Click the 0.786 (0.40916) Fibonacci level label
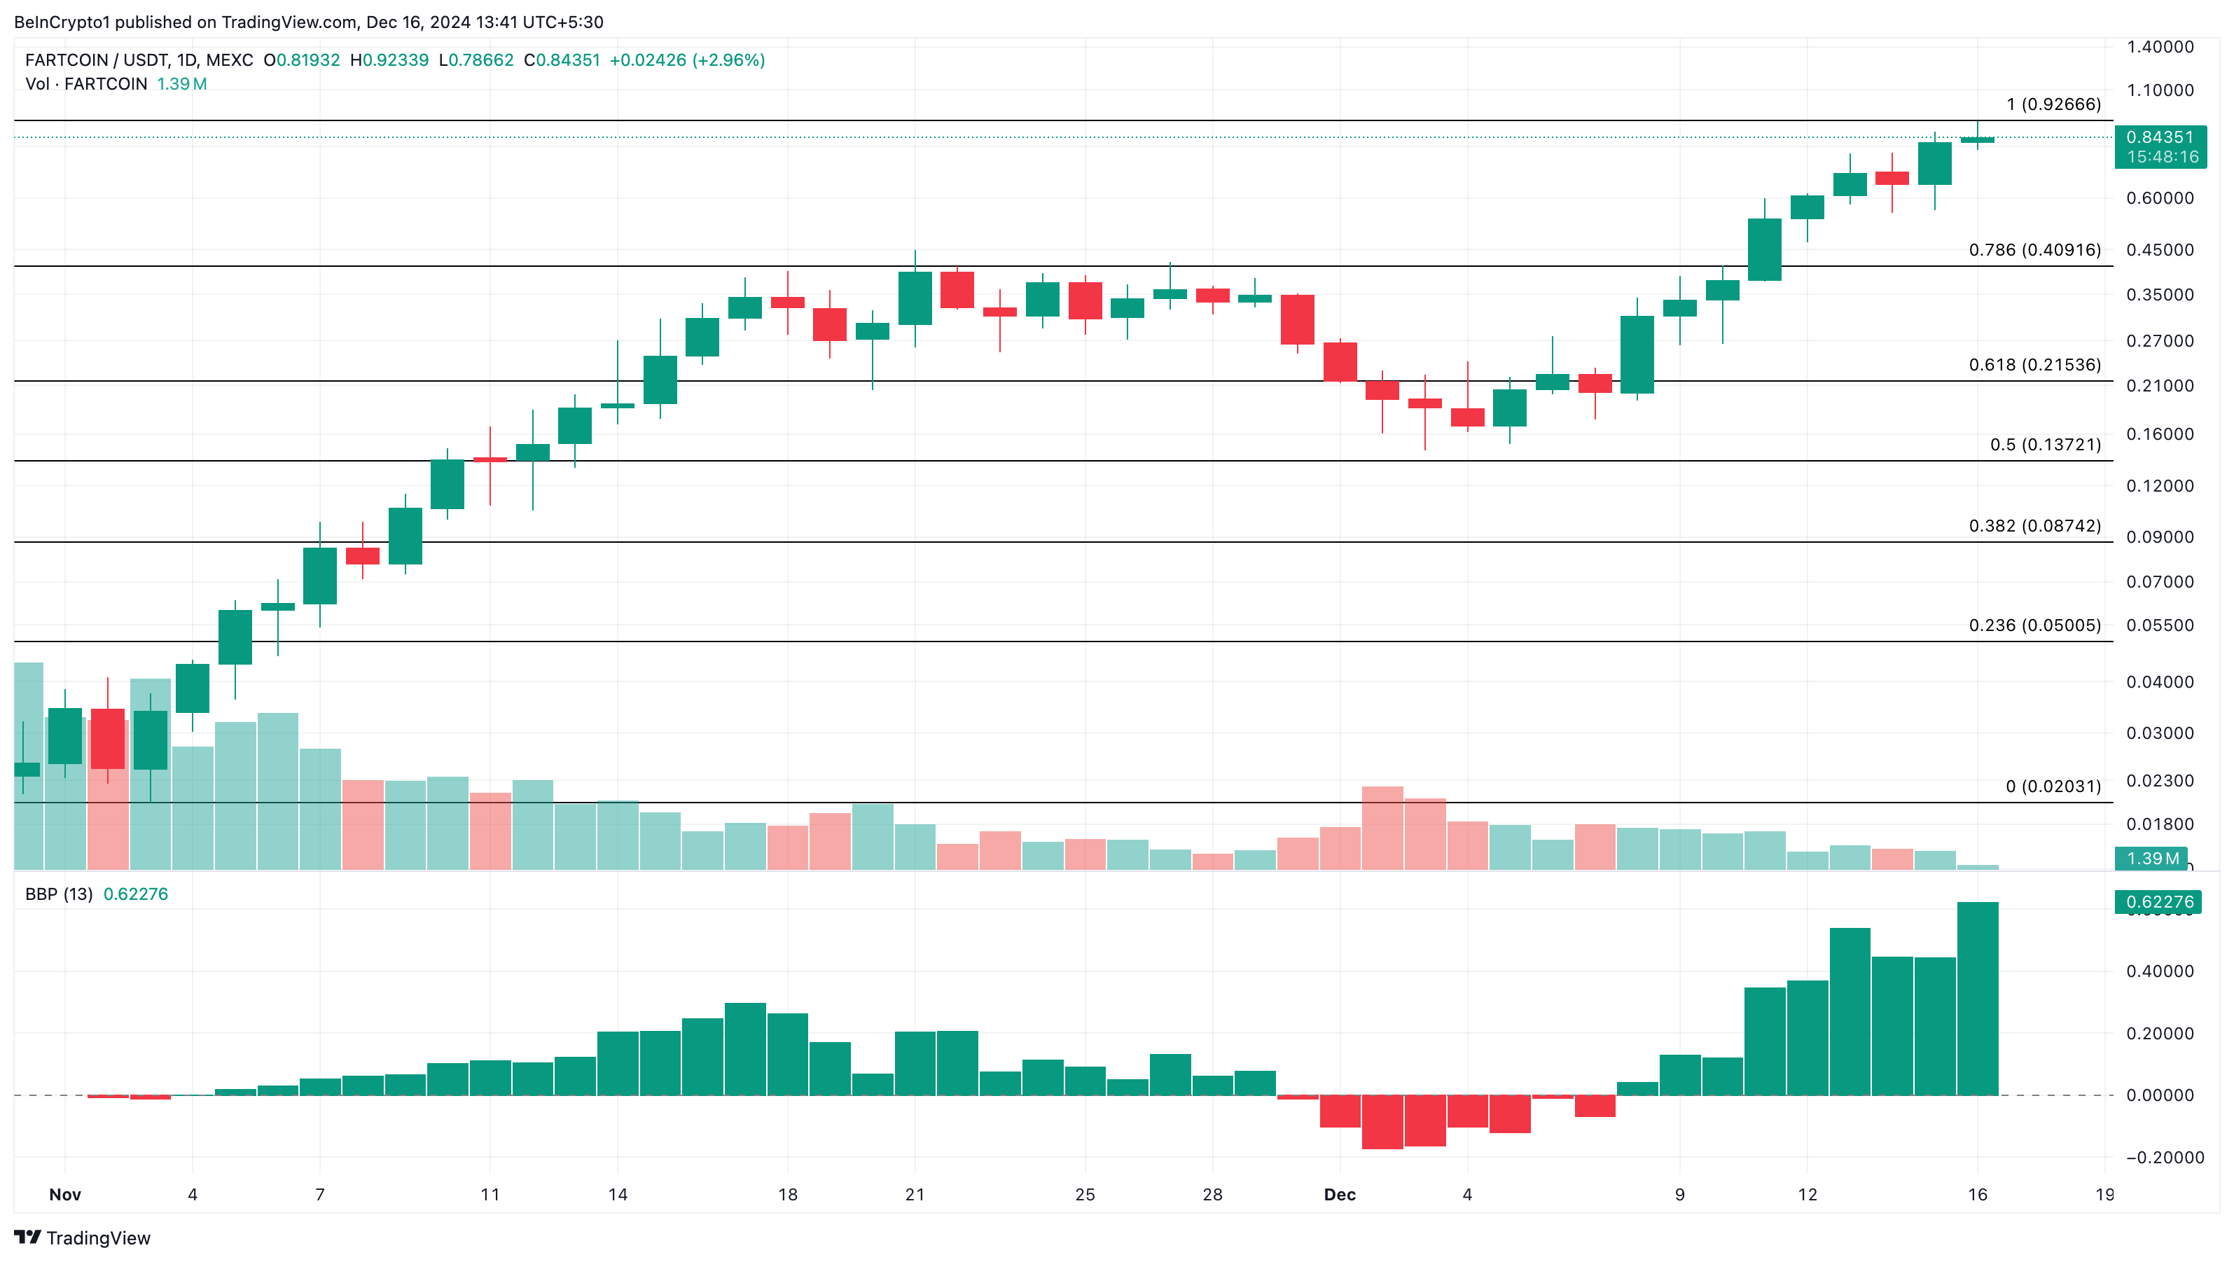point(2034,250)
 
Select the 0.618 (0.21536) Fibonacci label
point(2034,364)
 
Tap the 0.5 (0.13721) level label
point(2045,444)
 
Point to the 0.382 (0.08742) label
point(2034,526)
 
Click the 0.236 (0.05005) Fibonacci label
point(2034,625)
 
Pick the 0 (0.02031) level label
point(2053,786)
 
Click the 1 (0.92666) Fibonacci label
point(2053,104)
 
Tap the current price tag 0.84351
point(2160,137)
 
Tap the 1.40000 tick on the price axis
point(2160,47)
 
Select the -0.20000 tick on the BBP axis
point(2165,1157)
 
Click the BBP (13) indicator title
point(59,894)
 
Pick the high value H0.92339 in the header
point(389,60)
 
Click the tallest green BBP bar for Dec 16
point(1977,997)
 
